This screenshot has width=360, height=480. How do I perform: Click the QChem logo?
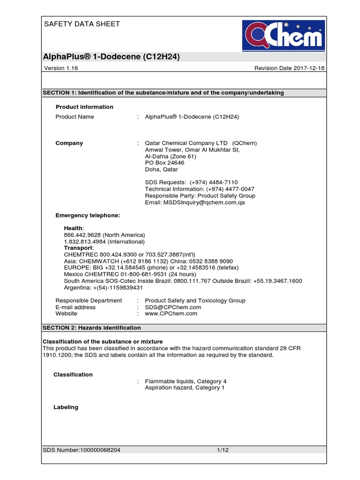click(283, 35)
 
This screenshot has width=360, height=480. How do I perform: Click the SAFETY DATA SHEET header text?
click(82, 24)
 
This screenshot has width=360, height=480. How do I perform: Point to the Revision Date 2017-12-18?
click(289, 68)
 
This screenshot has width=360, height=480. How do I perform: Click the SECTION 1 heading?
click(163, 93)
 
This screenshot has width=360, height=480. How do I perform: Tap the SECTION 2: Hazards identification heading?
click(92, 328)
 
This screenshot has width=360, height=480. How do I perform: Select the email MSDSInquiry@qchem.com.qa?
click(195, 202)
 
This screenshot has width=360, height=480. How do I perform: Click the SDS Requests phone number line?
click(191, 182)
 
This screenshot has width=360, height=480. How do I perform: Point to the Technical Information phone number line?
click(200, 189)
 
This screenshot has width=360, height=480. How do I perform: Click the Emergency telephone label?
click(88, 215)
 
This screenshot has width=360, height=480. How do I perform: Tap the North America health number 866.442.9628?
click(104, 235)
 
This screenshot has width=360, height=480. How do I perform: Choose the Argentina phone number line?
click(103, 287)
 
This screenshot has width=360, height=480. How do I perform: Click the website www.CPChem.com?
click(171, 314)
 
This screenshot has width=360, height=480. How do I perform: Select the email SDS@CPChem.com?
click(173, 307)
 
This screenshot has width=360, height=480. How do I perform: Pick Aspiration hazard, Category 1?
click(185, 388)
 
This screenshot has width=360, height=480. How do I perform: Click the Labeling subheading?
click(66, 407)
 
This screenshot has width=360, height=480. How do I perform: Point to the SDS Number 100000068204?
click(82, 450)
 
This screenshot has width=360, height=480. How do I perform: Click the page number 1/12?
click(223, 450)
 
